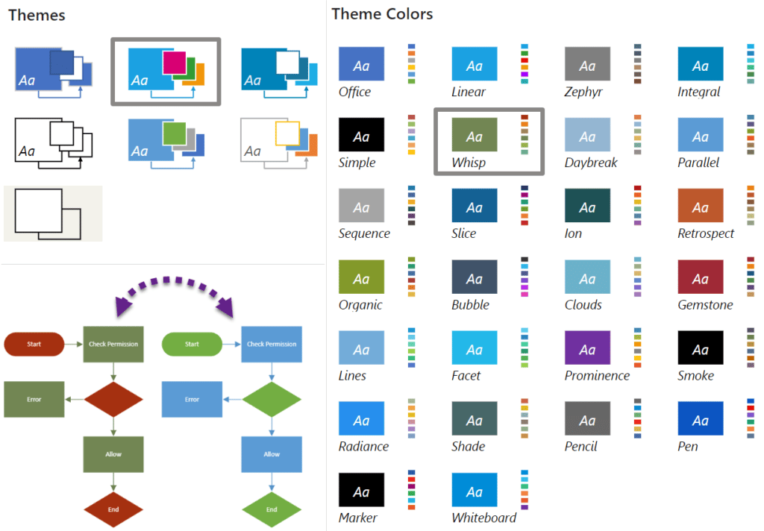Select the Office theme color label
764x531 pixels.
point(354,92)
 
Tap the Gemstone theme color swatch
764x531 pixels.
point(701,277)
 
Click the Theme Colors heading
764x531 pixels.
point(382,14)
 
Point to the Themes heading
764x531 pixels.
point(37,15)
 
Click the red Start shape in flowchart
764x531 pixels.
point(34,345)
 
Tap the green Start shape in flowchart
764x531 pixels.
point(192,345)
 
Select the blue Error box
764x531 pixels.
point(192,399)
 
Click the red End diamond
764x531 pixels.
point(113,509)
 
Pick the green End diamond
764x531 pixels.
point(272,509)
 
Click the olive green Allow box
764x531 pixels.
point(113,453)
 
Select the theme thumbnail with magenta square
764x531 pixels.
point(165,72)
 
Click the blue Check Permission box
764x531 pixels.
point(272,345)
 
